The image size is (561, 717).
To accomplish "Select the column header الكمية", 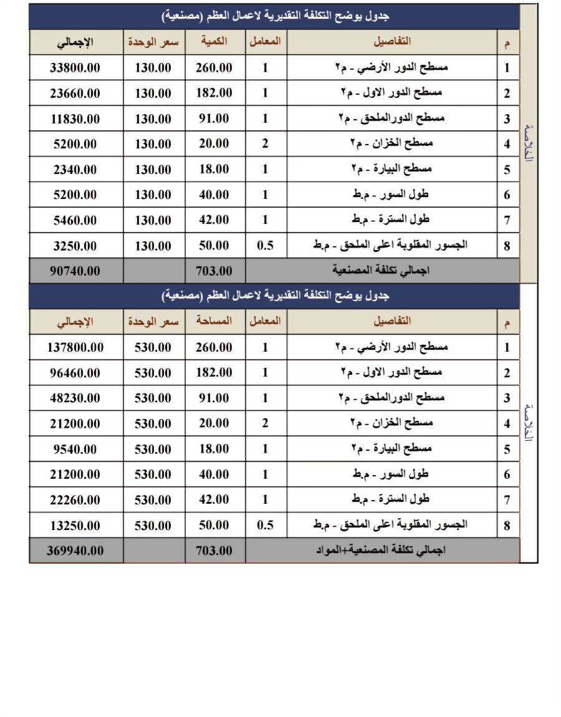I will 214,41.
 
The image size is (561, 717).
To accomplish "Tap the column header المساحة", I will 214,321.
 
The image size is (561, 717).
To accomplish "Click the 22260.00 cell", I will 75,500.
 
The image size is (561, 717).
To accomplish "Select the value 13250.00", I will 75,526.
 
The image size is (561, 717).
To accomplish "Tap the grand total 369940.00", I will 75,551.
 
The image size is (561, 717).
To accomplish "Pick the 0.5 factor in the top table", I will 266,246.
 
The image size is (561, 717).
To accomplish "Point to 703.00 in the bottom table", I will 214,551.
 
